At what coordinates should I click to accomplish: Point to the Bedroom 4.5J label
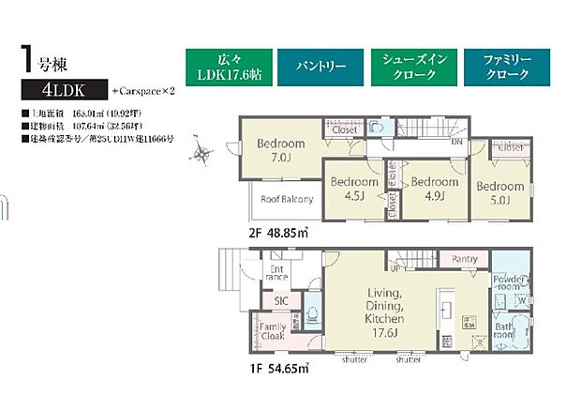coord(353,189)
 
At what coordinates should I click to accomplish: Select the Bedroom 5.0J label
coord(498,191)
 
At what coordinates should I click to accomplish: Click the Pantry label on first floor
coord(465,259)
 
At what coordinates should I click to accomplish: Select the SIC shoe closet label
coord(281,299)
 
